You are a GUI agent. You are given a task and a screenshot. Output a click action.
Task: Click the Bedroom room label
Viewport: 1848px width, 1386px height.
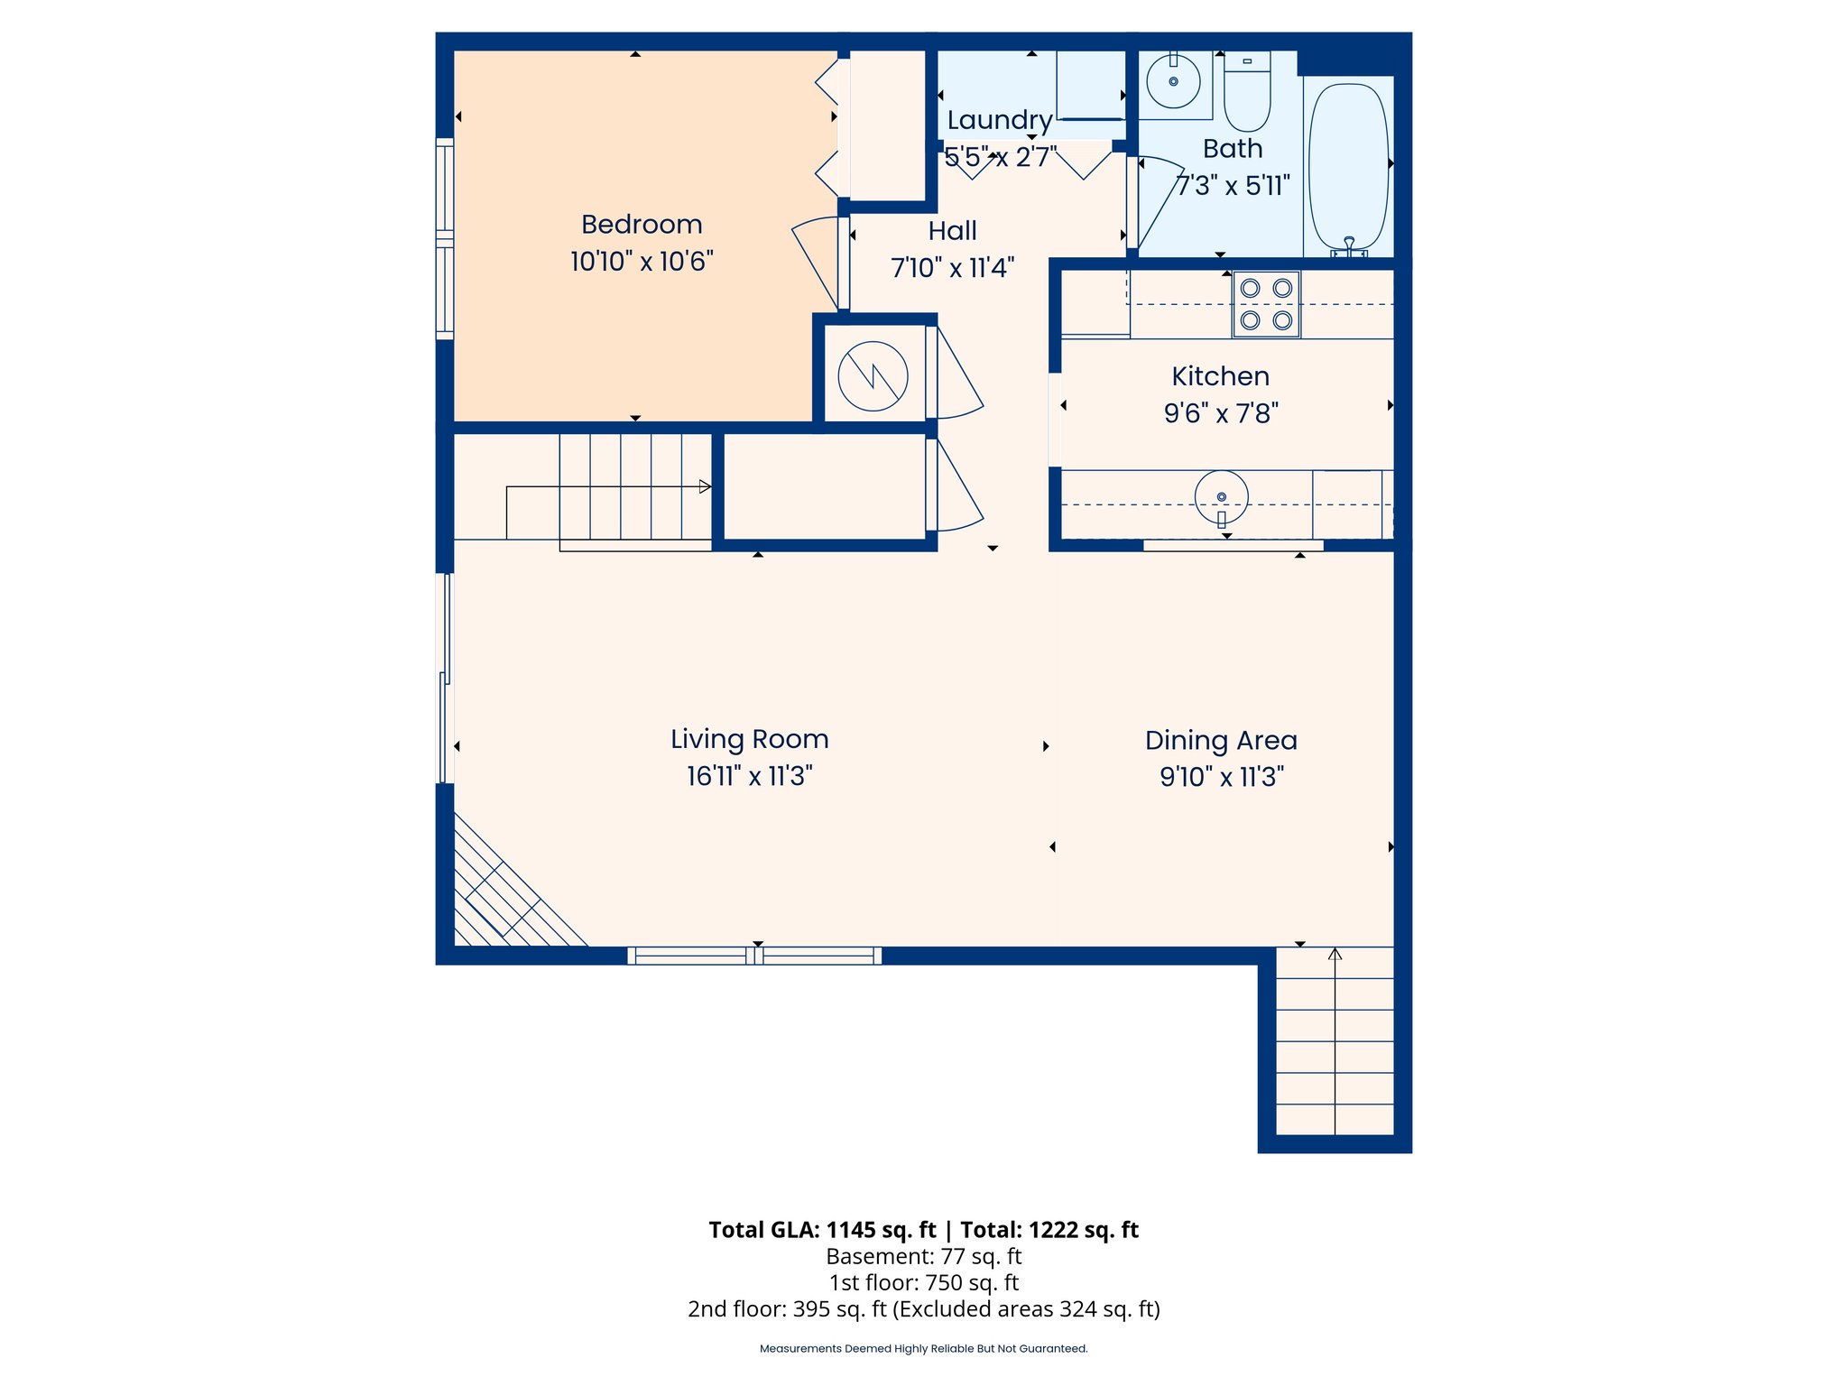click(x=642, y=224)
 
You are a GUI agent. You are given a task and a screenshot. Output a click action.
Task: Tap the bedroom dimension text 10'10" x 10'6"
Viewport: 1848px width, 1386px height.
click(x=642, y=262)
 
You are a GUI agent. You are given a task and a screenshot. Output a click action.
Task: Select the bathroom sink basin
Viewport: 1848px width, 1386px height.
click(x=1173, y=81)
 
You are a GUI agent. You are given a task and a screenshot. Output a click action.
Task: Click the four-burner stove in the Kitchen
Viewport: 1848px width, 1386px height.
click(x=1266, y=304)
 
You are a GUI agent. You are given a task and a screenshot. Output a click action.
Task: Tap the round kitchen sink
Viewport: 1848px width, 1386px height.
click(x=1221, y=497)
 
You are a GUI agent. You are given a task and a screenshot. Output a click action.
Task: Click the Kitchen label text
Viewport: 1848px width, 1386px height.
click(x=1220, y=376)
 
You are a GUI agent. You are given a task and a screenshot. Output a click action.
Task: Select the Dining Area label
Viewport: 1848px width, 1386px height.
click(x=1221, y=741)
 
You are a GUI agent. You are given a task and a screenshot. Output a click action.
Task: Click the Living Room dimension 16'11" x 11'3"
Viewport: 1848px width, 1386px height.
click(x=749, y=776)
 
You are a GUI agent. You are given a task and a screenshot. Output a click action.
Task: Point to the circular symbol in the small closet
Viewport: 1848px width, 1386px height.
click(x=873, y=375)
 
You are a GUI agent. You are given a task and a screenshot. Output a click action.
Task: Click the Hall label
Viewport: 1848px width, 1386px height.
click(x=952, y=231)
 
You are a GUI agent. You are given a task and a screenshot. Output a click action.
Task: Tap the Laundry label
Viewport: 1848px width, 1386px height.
click(x=999, y=120)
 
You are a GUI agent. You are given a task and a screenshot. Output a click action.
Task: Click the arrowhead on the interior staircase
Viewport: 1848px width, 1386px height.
click(x=705, y=486)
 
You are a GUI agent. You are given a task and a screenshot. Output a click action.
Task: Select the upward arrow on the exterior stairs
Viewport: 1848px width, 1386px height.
click(x=1335, y=955)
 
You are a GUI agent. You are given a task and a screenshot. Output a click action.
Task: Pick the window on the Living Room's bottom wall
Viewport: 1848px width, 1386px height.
click(x=754, y=956)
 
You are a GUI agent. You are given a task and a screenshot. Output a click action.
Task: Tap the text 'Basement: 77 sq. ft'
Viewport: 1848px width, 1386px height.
click(x=923, y=1256)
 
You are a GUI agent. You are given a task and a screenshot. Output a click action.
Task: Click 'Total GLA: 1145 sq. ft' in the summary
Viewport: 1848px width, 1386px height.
click(x=822, y=1230)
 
